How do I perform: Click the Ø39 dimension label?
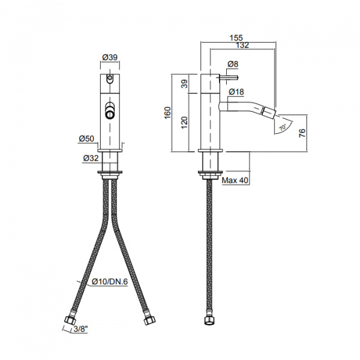point(109,57)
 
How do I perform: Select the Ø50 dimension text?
point(86,139)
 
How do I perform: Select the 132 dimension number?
point(243,45)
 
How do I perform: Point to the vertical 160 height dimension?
point(168,112)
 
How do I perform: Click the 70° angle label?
point(282,128)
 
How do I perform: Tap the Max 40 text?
point(235,180)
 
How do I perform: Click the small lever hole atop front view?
point(110,78)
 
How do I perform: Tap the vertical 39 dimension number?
point(184,85)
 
